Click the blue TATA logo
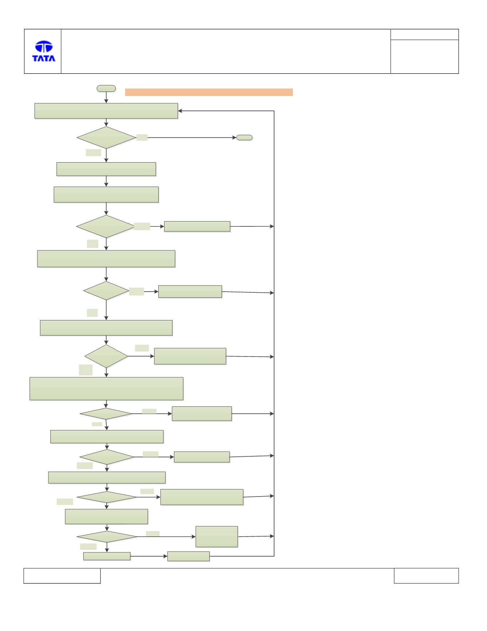coord(44,51)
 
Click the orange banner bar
coord(209,92)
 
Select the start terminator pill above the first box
coord(106,89)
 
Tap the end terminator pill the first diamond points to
coord(245,137)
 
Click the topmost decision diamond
coord(106,137)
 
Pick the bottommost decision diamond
coord(107,537)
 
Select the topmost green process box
coord(106,111)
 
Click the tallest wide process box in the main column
coord(106,389)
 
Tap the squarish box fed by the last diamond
coord(217,537)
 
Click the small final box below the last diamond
coord(107,556)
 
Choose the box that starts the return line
coord(189,556)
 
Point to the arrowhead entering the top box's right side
coord(180,111)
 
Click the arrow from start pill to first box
coord(106,97)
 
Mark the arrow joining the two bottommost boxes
coord(149,556)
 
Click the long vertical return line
coord(274,334)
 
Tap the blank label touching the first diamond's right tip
coord(142,137)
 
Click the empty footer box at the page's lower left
coord(62,576)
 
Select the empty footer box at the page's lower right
coord(426,576)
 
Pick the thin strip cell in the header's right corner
coord(424,35)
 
